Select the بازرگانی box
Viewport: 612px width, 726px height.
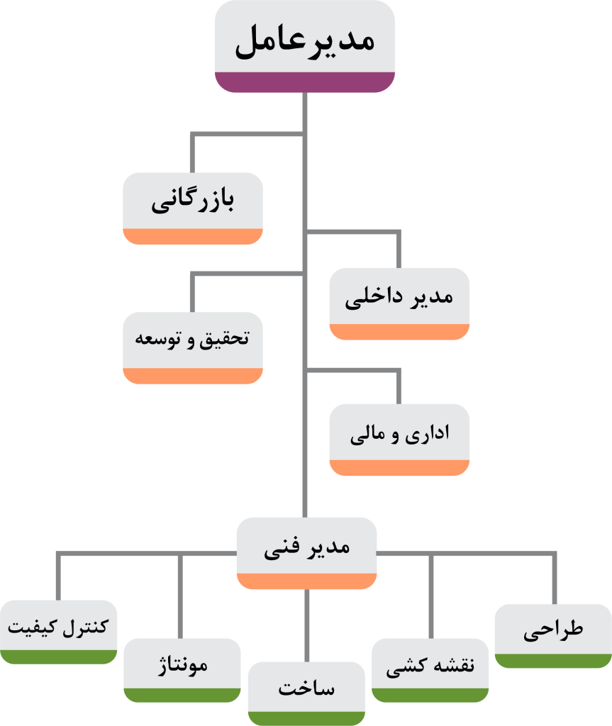pos(193,202)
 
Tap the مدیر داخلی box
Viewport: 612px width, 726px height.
pos(399,297)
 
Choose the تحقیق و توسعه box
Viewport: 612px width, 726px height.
pos(193,340)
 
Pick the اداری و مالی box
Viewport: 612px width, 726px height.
pos(399,433)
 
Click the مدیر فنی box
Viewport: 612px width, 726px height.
pos(306,547)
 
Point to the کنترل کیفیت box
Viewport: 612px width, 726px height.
pos(58,627)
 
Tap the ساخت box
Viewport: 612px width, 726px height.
pos(306,687)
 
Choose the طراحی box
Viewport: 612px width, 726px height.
pos(553,630)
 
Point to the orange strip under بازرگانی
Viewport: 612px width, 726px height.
pos(193,237)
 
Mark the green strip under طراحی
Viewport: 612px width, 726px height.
pos(553,661)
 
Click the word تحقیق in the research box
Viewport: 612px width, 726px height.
pos(226,339)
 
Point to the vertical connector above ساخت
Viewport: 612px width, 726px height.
pos(306,624)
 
